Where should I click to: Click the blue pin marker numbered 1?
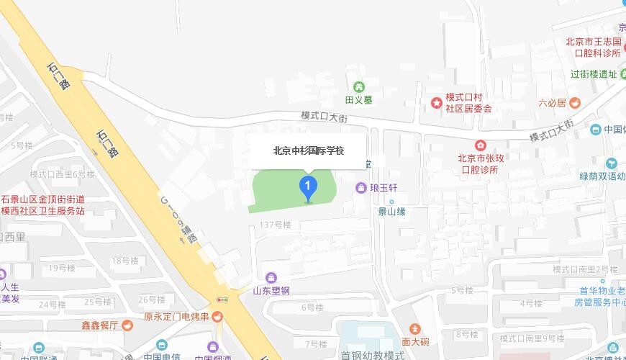pyautogui.click(x=308, y=188)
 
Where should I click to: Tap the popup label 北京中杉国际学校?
pyautogui.click(x=308, y=151)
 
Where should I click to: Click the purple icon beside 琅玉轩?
pyautogui.click(x=360, y=188)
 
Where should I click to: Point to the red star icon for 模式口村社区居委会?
pyautogui.click(x=436, y=103)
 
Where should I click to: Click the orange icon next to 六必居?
pyautogui.click(x=575, y=103)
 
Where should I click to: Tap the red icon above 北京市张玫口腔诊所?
pyautogui.click(x=480, y=145)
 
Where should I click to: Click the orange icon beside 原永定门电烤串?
pyautogui.click(x=217, y=317)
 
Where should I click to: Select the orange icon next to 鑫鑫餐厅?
pyautogui.click(x=127, y=325)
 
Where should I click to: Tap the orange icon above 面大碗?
pyautogui.click(x=415, y=328)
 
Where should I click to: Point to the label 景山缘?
pyautogui.click(x=392, y=211)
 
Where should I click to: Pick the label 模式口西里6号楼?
pyautogui.click(x=62, y=174)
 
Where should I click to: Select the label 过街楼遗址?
pyautogui.click(x=594, y=74)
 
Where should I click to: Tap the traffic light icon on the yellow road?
pyautogui.click(x=222, y=300)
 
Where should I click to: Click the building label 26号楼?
pyautogui.click(x=152, y=300)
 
